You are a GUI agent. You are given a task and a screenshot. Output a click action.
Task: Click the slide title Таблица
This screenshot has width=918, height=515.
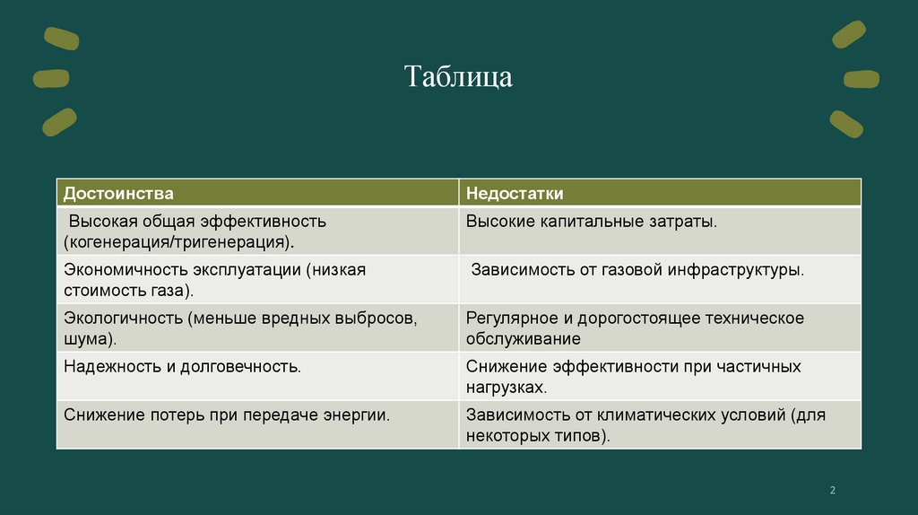point(458,77)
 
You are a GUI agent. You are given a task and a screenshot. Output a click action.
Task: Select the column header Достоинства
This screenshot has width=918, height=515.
point(118,193)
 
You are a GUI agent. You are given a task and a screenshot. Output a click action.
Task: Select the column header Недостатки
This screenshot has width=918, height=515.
point(514,193)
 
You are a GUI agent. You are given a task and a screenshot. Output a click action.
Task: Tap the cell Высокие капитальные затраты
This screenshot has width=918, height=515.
point(592,221)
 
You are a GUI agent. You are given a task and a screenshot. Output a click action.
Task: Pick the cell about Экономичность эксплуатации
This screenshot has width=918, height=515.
point(214,279)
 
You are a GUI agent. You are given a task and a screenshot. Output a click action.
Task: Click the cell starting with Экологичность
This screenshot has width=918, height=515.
point(239,327)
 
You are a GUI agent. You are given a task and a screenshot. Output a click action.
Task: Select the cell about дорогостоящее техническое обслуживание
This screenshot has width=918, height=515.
point(635,327)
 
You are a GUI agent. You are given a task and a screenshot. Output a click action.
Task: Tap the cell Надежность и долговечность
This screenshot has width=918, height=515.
point(182,366)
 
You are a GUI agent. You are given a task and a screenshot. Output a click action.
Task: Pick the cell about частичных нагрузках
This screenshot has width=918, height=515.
point(633,376)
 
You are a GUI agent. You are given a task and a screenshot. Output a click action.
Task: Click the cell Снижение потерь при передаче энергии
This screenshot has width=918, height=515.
point(226,415)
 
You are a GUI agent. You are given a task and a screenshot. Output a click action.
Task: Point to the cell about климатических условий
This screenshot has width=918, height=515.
point(645,424)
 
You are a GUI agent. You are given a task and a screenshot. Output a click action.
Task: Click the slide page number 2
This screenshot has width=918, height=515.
point(832,490)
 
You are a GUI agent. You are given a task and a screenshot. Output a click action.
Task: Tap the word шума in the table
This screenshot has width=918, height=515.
point(82,338)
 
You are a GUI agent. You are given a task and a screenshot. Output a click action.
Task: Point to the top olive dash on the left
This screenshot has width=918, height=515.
point(60,38)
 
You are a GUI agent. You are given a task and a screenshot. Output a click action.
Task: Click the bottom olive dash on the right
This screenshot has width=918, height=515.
point(846,123)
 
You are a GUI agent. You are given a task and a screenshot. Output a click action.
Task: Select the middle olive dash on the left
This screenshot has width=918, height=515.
point(51,79)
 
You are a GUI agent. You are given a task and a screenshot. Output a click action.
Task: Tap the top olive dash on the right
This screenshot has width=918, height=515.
point(848,34)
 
